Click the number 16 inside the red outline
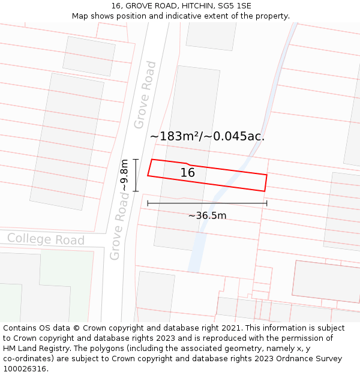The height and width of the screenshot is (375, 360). pos(188,173)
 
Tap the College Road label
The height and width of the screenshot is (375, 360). pos(46,239)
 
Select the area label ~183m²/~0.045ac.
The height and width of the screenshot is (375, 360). pos(207,136)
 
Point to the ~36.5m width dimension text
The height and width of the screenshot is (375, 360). pos(207,216)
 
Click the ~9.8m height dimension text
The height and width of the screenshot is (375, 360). pos(124,175)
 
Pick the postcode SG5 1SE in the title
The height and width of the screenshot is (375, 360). pos(235,6)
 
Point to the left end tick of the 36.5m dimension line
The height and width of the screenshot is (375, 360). pos(148,203)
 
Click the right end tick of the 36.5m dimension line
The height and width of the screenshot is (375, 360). pos(267,203)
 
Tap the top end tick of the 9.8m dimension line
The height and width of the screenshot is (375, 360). pos(136,160)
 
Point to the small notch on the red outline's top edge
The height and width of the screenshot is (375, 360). pos(188,164)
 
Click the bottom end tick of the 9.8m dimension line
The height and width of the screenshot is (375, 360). pos(136,191)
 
